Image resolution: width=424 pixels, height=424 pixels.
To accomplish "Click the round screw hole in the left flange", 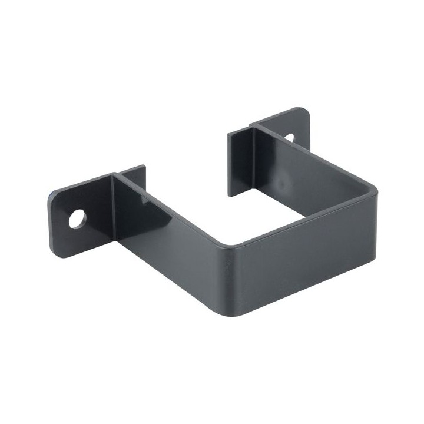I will [77, 219].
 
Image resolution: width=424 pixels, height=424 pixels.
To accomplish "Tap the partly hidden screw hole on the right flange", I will [290, 137].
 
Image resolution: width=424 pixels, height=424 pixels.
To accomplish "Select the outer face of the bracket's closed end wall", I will [306, 259].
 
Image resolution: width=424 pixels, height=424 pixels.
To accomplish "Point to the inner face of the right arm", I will [306, 171].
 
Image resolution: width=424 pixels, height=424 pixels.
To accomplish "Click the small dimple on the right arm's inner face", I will [282, 184].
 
